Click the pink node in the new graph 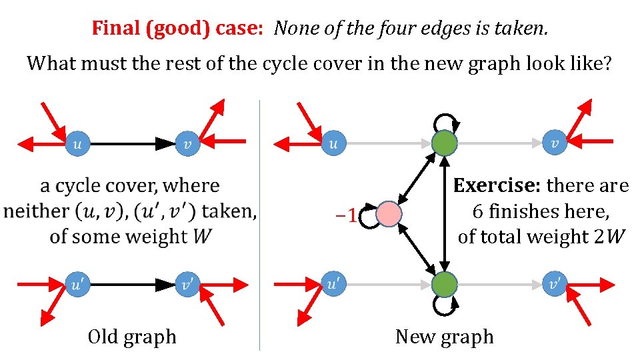tap(389, 215)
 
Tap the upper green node tap(444, 143)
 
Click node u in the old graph tap(78, 143)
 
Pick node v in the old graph tap(187, 143)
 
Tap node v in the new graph tap(555, 143)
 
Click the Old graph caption tap(132, 337)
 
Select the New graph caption tap(444, 337)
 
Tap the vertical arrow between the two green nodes tap(444, 213)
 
